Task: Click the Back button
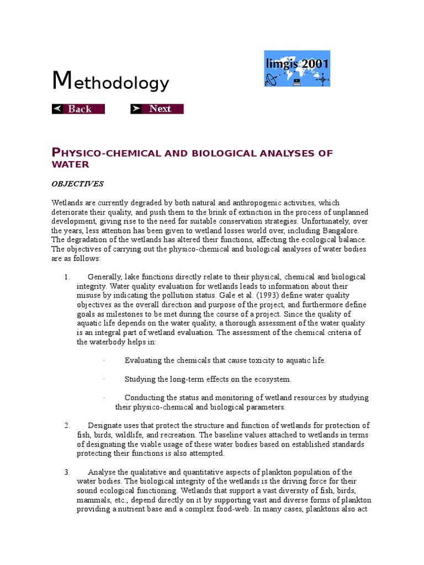pyautogui.click(x=78, y=109)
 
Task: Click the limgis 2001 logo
pyautogui.click(x=297, y=69)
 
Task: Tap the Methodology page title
pyautogui.click(x=110, y=82)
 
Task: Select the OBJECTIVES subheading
pyautogui.click(x=77, y=184)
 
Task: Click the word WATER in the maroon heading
pyautogui.click(x=70, y=164)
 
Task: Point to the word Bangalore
pyautogui.click(x=337, y=231)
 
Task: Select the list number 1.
pyautogui.click(x=66, y=277)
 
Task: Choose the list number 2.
pyautogui.click(x=66, y=425)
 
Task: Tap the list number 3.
pyautogui.click(x=66, y=472)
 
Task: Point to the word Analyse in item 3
pyautogui.click(x=102, y=472)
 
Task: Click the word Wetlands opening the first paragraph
pyautogui.click(x=68, y=202)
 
